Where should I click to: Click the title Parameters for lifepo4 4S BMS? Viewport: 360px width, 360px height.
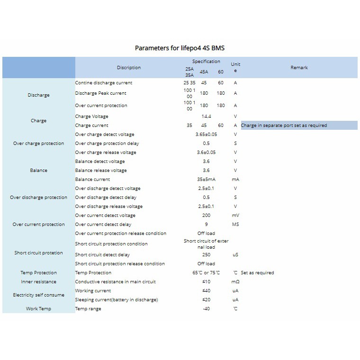coord(183,48)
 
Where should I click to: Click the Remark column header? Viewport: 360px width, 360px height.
coord(299,68)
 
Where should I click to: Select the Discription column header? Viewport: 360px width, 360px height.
coord(129,68)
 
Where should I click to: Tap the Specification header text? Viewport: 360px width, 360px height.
coord(206,62)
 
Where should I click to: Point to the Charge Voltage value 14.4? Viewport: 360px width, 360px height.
coord(206,117)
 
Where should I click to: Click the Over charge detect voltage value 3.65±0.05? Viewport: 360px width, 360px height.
coord(206,135)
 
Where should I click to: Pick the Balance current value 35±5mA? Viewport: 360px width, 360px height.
coord(206,180)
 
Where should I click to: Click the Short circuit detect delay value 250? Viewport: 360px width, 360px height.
coord(206,255)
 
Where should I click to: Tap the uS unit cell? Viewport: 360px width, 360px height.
coord(235,255)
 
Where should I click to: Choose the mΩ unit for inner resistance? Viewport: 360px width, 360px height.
coord(235,282)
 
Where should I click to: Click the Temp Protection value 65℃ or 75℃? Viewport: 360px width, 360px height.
coord(206,273)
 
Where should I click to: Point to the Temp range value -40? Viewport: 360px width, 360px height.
coord(206,309)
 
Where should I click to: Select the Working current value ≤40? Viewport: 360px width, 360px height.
coord(206,291)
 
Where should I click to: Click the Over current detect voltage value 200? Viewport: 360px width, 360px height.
coord(206,216)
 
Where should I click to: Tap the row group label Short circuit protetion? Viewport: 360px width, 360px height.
coord(38,253)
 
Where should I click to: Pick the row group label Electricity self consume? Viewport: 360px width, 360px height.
coord(38,295)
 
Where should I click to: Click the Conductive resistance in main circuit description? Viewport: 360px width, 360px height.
coord(116,282)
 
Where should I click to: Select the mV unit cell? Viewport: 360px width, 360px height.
coord(235,216)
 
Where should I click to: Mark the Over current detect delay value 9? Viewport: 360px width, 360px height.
coord(206,225)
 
